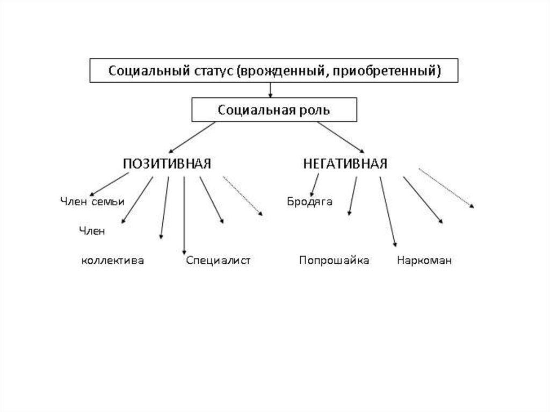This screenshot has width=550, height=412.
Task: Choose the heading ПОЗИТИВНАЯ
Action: tap(167, 164)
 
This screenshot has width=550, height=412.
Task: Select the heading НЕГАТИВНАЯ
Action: tap(345, 164)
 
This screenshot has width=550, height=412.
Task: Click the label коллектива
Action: tap(113, 261)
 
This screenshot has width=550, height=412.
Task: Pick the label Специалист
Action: tap(219, 261)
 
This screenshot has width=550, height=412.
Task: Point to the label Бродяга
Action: tap(309, 202)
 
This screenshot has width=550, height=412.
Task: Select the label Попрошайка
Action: tap(334, 261)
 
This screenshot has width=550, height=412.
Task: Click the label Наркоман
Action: tap(424, 261)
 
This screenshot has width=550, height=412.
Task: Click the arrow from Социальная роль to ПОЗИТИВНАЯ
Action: tap(192, 136)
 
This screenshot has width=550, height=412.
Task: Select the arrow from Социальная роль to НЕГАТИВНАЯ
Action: tap(341, 136)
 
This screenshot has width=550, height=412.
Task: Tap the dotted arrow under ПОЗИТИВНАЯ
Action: tap(243, 196)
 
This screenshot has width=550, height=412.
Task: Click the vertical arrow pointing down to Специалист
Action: tap(184, 215)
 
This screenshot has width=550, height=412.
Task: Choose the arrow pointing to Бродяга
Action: tap(315, 185)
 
